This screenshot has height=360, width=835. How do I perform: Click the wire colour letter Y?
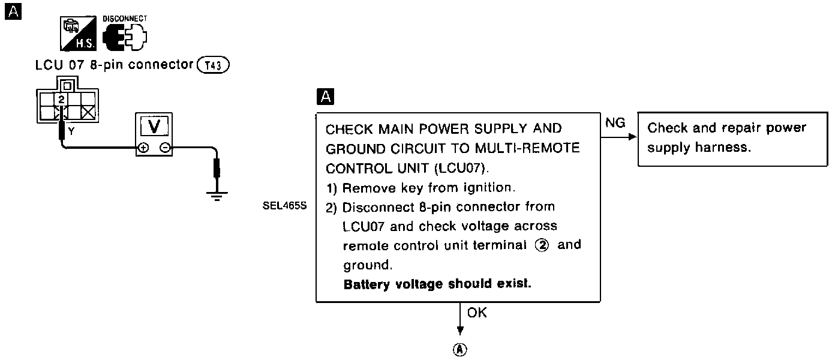[71, 132]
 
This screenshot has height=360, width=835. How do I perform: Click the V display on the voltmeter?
[154, 127]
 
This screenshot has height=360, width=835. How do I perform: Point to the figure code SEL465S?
[285, 206]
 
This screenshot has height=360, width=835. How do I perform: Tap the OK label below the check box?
[477, 313]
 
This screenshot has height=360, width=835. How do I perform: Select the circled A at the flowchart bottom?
[460, 350]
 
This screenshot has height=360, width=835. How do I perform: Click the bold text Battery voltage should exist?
[437, 284]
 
